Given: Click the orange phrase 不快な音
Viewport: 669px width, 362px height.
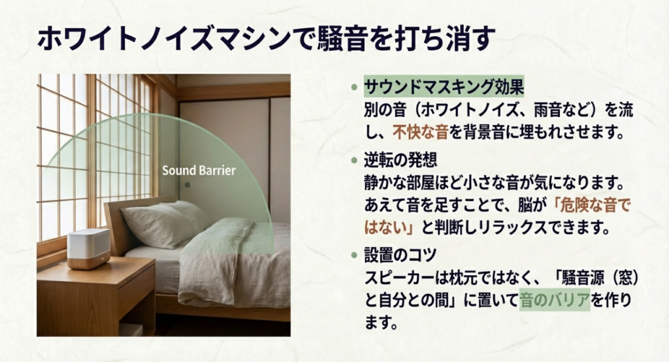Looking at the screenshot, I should coord(419,133).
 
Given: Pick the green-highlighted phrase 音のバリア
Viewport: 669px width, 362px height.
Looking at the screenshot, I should coord(554,301).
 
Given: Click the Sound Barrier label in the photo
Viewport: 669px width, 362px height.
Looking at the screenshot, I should coord(199,171).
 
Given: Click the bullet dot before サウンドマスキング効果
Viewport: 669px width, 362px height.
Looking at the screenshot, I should coord(354,87).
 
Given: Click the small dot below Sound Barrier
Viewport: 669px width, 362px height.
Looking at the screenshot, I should coord(188,185).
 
